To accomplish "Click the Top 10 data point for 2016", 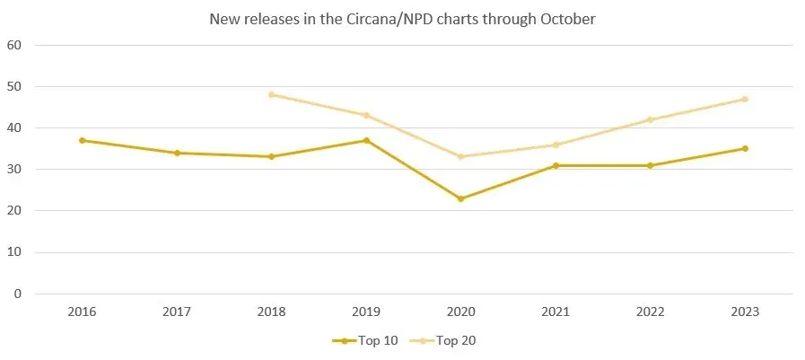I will point(82,140).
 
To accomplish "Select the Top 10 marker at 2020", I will point(460,198).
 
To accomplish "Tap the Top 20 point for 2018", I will point(271,94).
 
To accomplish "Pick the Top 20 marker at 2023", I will point(745,99).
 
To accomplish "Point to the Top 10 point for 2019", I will point(366,140).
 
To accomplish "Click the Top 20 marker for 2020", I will point(460,157).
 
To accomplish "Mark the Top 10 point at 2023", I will point(745,148).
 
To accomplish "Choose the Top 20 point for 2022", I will point(650,119).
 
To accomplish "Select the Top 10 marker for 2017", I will point(177,153).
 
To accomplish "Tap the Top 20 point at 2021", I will point(556,145).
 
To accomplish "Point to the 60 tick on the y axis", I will point(15,45).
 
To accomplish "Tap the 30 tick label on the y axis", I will point(15,170).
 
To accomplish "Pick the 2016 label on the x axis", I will point(82,312).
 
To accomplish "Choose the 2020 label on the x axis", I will point(460,312).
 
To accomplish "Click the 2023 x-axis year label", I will point(745,312).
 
